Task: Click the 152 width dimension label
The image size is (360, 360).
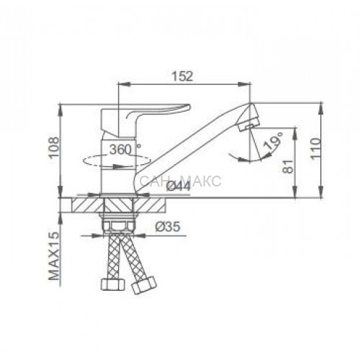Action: coord(182,76)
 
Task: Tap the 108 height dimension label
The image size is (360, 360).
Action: coord(53,148)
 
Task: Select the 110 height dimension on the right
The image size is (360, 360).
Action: coord(315,148)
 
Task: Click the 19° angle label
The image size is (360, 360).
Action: coord(273,142)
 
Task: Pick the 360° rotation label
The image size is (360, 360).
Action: coord(125,150)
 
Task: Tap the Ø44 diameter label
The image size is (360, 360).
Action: coord(179,186)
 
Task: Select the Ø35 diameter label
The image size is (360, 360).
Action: coord(168,226)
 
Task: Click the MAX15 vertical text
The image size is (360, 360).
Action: coord(54,256)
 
